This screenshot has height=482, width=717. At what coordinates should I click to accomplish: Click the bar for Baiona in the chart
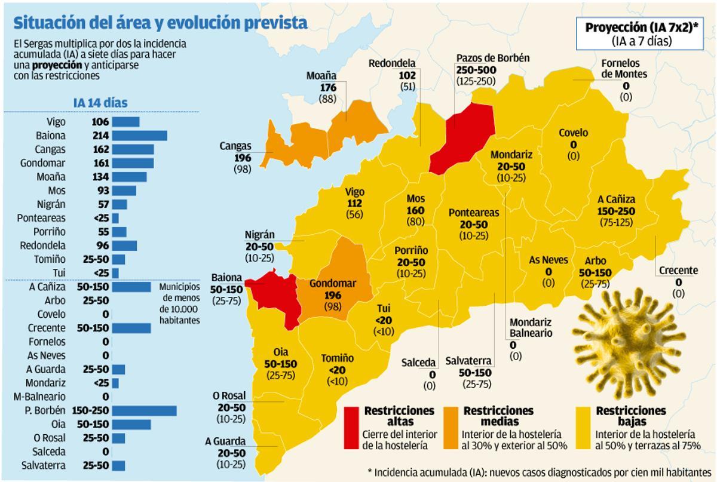point(139,136)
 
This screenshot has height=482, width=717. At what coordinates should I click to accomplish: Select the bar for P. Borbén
point(144,410)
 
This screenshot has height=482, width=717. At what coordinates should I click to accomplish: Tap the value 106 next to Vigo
point(100,122)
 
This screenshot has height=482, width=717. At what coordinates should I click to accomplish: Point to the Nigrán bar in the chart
point(119,204)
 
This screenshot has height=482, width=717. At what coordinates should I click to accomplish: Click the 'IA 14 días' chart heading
point(100,102)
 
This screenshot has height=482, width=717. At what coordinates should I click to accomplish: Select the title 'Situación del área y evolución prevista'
point(160,23)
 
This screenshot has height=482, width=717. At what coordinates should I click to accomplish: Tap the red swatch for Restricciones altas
point(353,428)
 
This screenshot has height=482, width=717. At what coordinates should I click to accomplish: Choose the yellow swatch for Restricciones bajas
point(584,428)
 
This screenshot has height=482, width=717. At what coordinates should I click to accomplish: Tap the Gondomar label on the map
point(332,283)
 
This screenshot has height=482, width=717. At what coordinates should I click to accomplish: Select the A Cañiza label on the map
point(616,199)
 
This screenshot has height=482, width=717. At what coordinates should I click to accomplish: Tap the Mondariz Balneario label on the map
point(530,328)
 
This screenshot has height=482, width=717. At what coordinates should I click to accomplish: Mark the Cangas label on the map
point(235,146)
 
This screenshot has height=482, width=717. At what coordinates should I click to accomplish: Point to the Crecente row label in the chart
point(47,328)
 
